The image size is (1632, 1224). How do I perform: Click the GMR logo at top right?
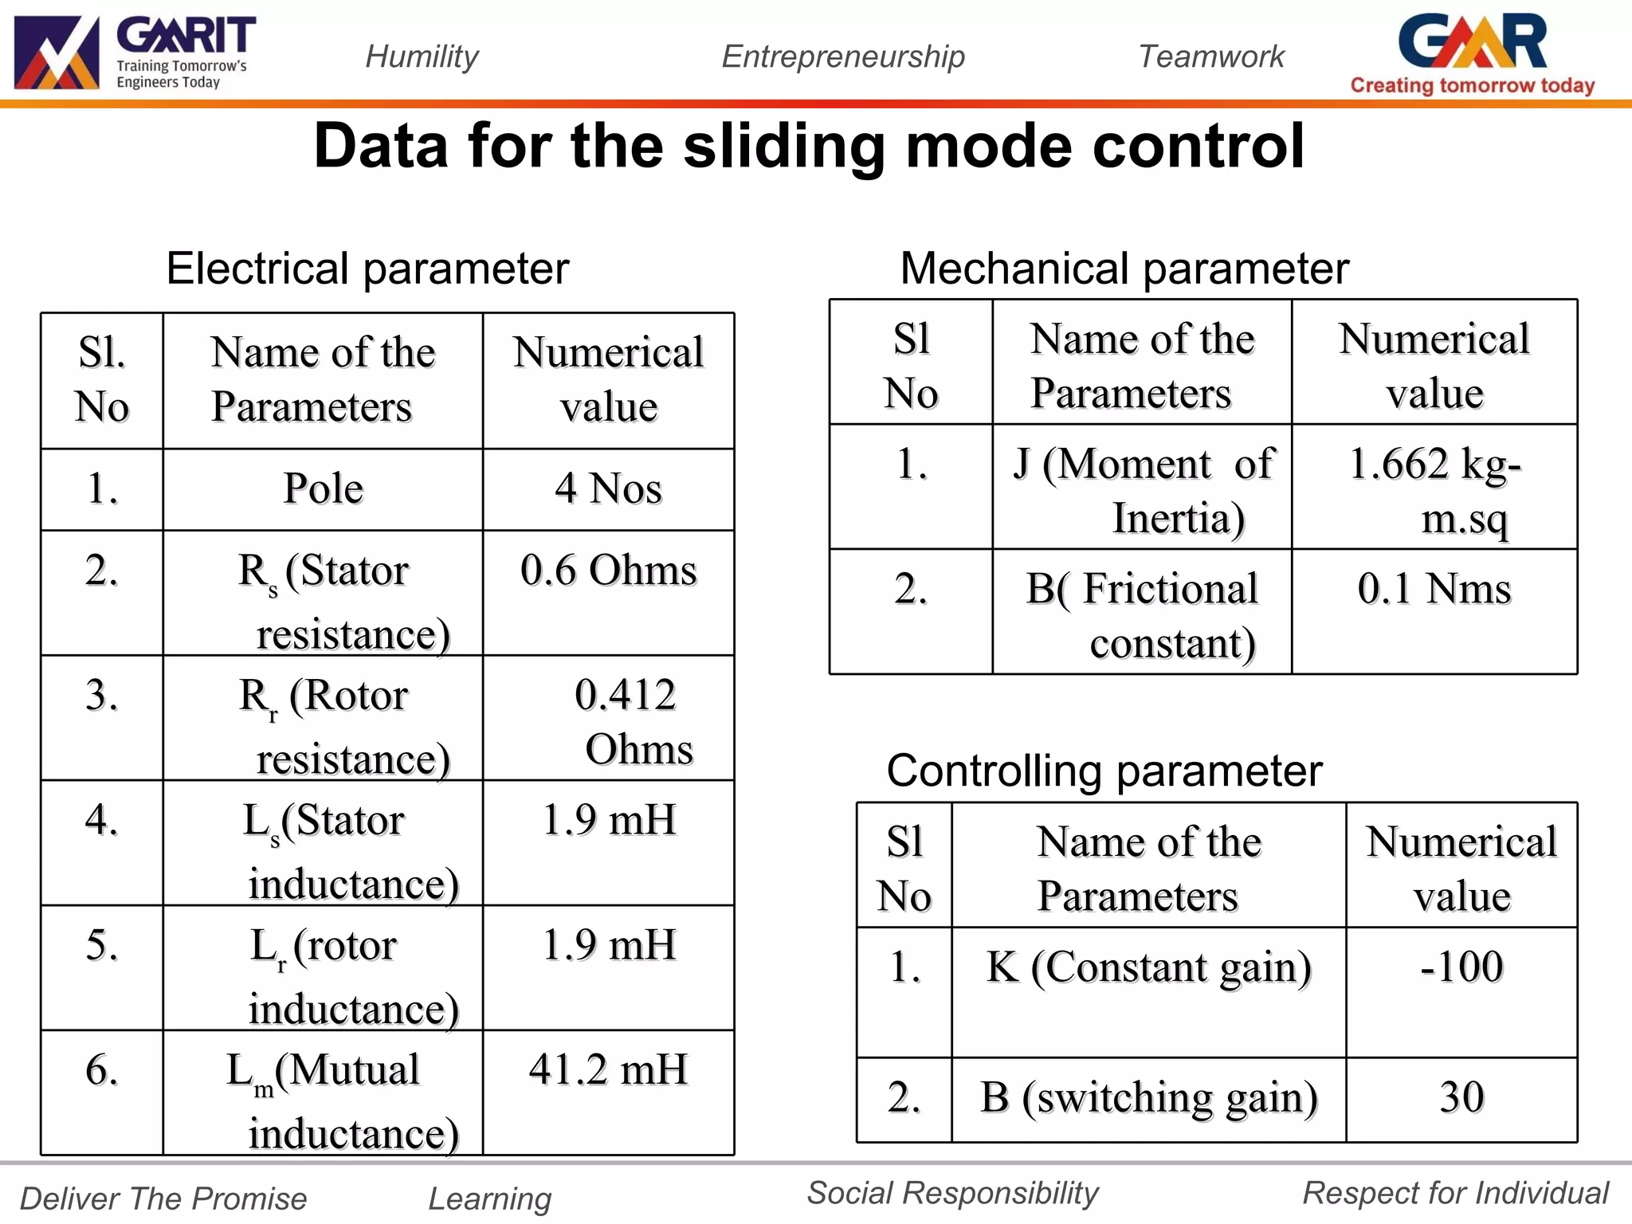tap(1472, 53)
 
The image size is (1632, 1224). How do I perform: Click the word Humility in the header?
tap(422, 57)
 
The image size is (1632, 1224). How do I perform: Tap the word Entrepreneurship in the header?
tap(843, 57)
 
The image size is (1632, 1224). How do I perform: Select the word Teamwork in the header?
tap(1210, 57)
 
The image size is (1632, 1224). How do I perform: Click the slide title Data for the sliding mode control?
tap(809, 147)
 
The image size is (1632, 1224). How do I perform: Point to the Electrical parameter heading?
tap(367, 269)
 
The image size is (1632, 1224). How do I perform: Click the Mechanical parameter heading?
tap(1124, 269)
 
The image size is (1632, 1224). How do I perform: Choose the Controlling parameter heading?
tap(1104, 771)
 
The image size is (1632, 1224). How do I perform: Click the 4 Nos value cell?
tap(608, 488)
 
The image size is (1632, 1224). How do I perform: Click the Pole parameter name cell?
tap(323, 488)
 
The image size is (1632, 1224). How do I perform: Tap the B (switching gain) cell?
tap(1148, 1098)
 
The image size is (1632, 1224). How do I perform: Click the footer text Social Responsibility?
tap(952, 1193)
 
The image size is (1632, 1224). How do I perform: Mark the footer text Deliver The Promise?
tap(163, 1198)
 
